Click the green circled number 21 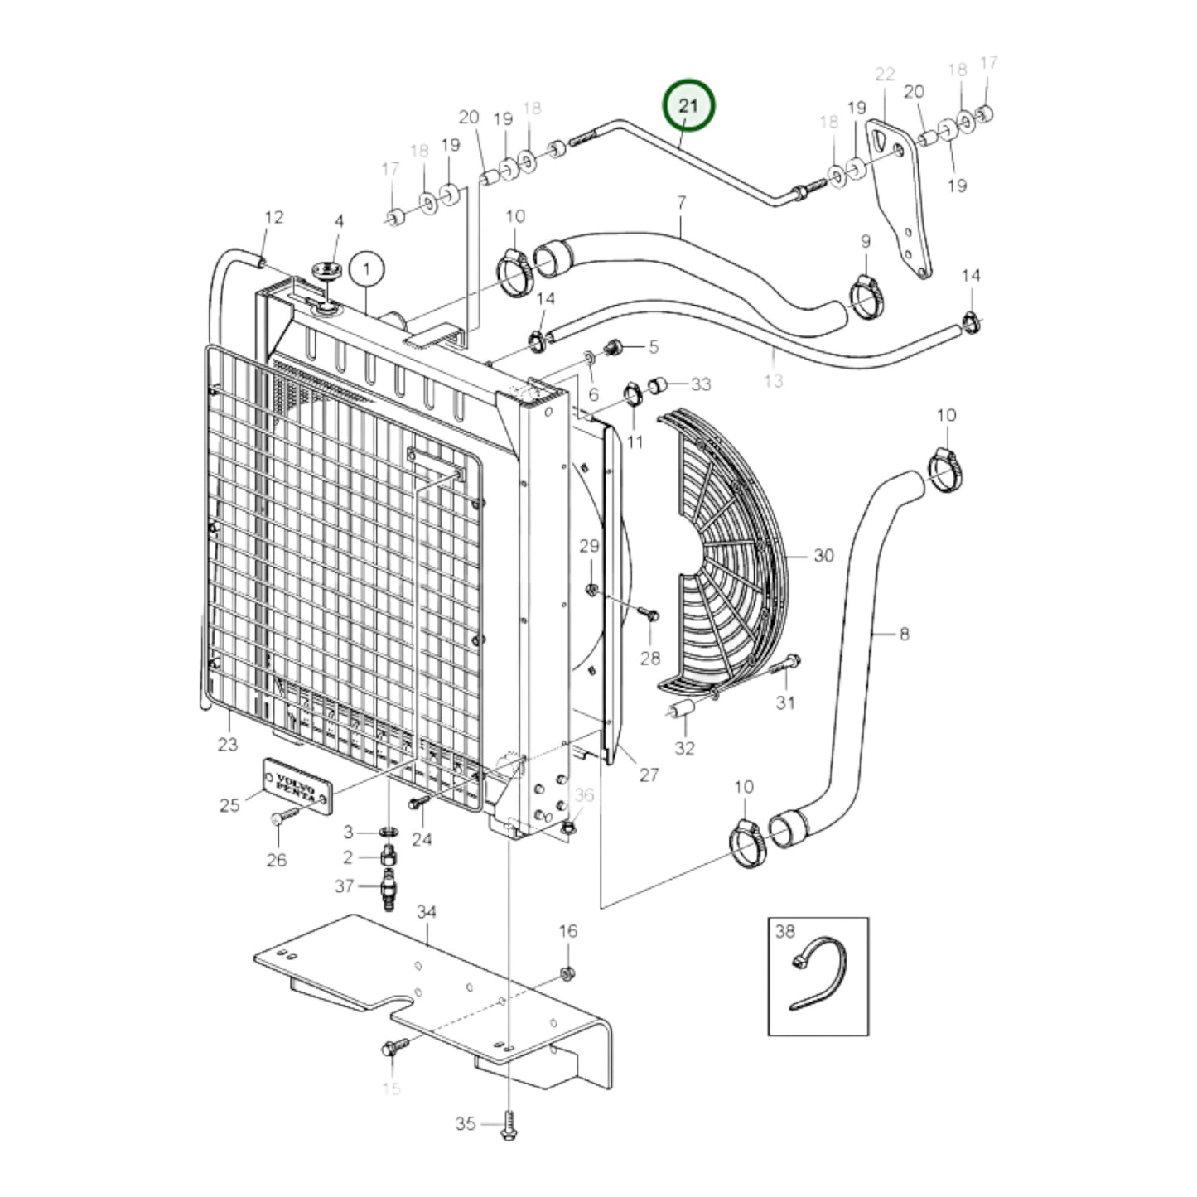point(688,105)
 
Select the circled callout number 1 point(366,269)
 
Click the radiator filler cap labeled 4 point(327,272)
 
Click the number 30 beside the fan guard point(823,555)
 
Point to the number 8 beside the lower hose point(904,634)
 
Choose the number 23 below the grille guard point(228,744)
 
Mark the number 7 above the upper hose point(681,201)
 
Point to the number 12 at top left point(273,217)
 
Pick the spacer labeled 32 point(681,711)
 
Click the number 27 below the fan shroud point(649,775)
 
